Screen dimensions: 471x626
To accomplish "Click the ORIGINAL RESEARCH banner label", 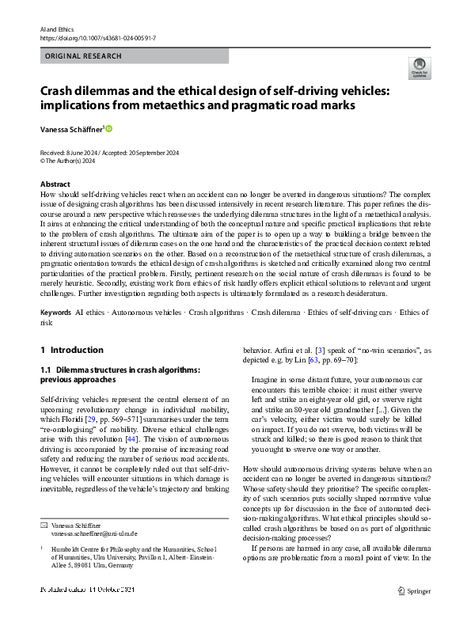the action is click(83, 56).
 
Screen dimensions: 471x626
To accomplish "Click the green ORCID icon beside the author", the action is click(109, 128).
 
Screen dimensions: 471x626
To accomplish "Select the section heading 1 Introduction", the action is click(72, 350).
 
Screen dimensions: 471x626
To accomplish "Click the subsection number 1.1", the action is click(47, 369).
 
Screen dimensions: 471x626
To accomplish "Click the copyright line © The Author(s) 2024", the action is click(68, 160).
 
